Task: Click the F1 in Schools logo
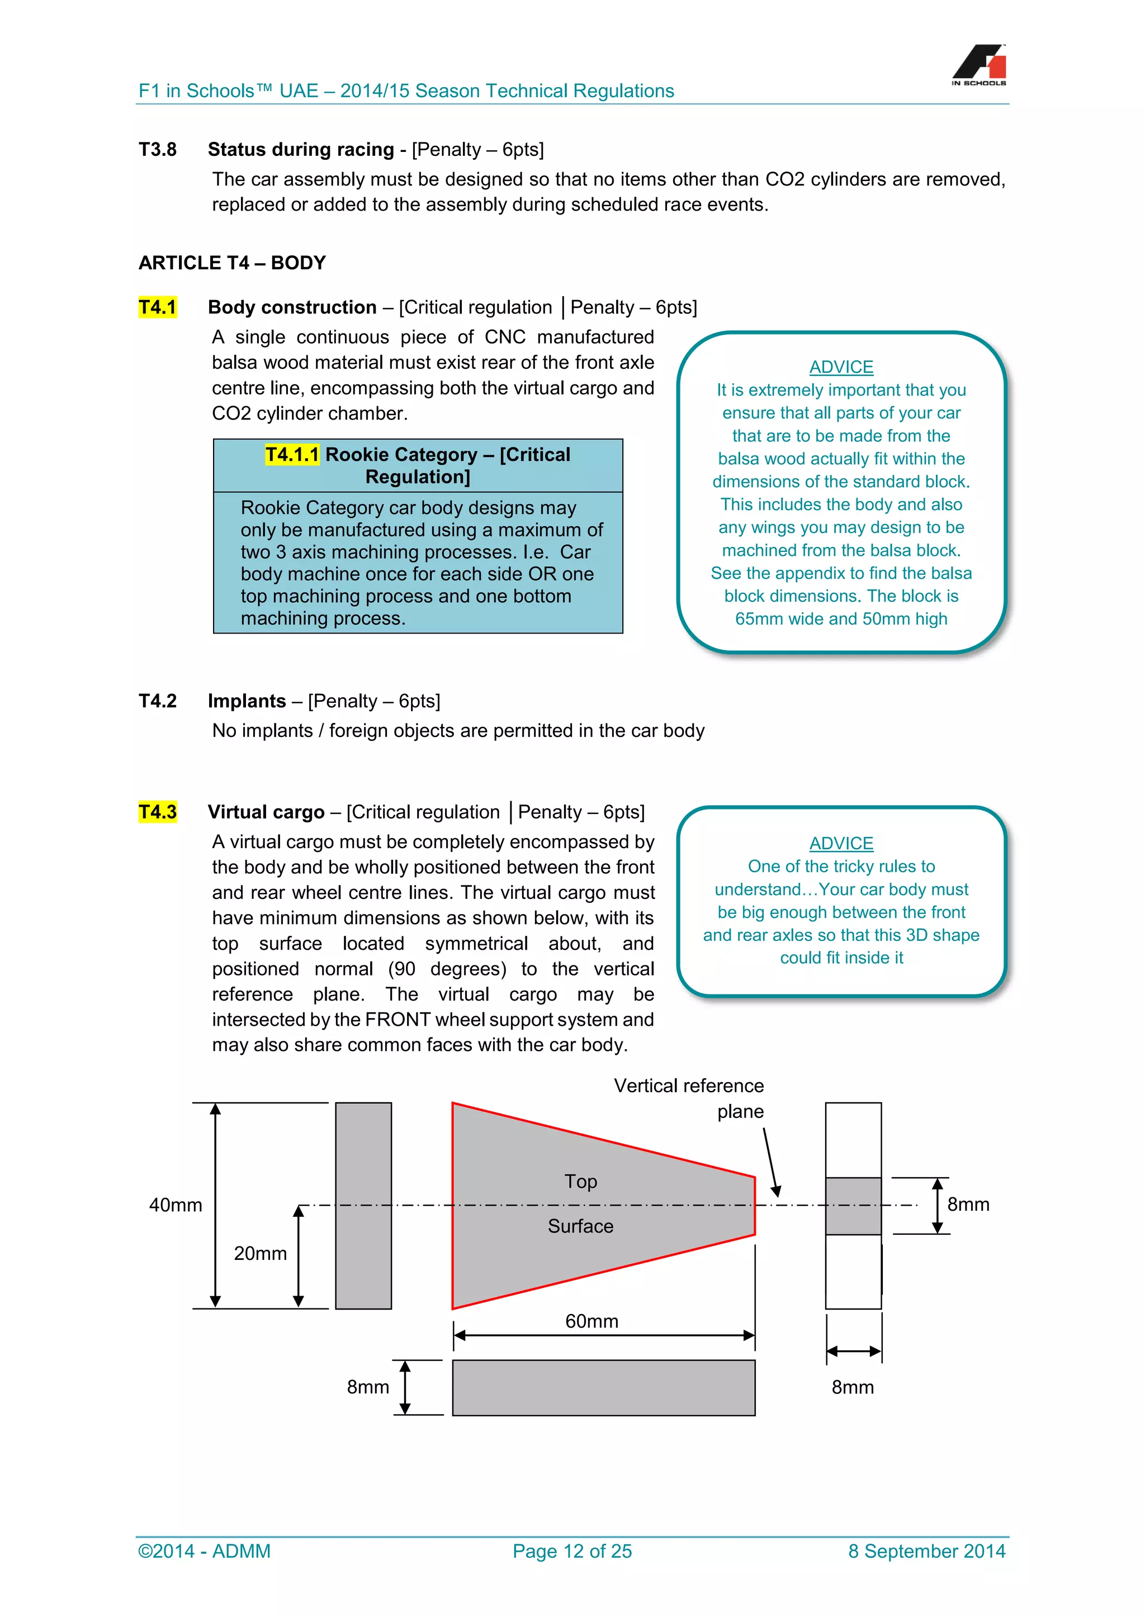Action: point(980,65)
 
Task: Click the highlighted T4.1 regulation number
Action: point(157,307)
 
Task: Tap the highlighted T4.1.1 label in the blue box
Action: point(292,455)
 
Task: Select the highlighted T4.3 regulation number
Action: point(157,812)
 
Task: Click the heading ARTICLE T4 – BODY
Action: point(232,263)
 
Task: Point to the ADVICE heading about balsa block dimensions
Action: point(840,367)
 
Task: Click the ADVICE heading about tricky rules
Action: point(840,843)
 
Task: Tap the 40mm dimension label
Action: point(176,1205)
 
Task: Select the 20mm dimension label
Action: point(260,1254)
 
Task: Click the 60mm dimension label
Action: point(592,1321)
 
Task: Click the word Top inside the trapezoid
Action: point(580,1182)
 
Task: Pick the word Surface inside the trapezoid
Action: point(580,1226)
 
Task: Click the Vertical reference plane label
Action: point(689,1098)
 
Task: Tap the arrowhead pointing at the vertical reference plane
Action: point(775,1191)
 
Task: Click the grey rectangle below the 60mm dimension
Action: point(603,1388)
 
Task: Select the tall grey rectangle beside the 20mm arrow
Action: point(363,1206)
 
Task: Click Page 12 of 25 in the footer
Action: point(572,1551)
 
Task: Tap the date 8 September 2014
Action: point(926,1551)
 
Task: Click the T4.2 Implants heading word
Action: point(247,701)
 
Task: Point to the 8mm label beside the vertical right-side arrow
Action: point(968,1205)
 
